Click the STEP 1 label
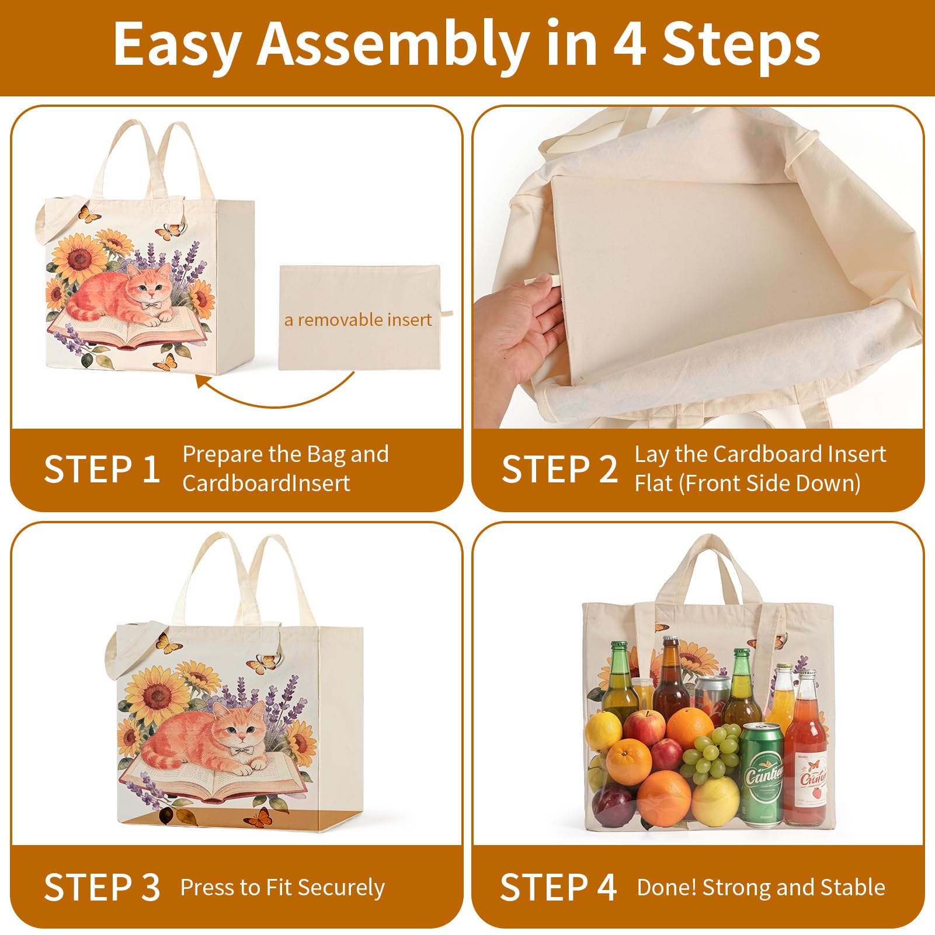(102, 469)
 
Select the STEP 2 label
(559, 469)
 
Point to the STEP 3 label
(102, 887)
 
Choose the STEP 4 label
(558, 887)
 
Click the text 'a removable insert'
(358, 319)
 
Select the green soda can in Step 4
(762, 774)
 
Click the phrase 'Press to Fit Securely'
(283, 888)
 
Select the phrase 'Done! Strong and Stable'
(761, 887)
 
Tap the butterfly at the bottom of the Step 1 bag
(165, 363)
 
